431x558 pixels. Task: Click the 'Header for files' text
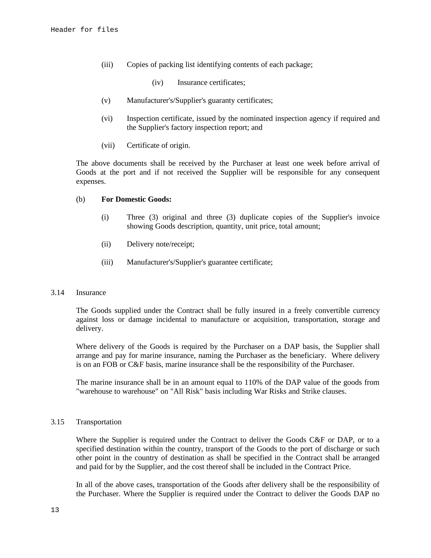[x=84, y=30]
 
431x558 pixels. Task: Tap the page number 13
[x=55, y=510]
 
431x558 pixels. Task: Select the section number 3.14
[x=57, y=293]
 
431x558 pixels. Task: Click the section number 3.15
[x=57, y=422]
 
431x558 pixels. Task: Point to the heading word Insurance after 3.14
[x=91, y=293]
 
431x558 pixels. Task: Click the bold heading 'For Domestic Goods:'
[x=136, y=199]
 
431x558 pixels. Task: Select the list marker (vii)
[x=108, y=145]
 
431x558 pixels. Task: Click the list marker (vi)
[x=107, y=118]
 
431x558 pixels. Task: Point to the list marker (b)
[x=80, y=199]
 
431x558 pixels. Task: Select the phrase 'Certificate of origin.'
[x=158, y=145]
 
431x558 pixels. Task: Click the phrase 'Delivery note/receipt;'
[x=160, y=244]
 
